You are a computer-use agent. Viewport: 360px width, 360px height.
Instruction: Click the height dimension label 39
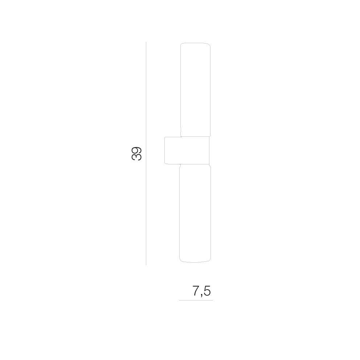[136, 154]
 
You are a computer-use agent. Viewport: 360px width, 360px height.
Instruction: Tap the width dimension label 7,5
[201, 291]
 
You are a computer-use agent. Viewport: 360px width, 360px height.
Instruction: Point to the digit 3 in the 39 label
[136, 157]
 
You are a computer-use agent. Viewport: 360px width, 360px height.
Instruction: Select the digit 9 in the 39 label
[136, 150]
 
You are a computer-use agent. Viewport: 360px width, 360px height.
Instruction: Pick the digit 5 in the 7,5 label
[207, 291]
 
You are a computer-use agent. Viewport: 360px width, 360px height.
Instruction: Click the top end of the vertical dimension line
[146, 42]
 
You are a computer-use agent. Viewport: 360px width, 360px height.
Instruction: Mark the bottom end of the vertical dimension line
[146, 265]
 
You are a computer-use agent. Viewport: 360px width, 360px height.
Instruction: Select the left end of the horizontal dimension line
[179, 300]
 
